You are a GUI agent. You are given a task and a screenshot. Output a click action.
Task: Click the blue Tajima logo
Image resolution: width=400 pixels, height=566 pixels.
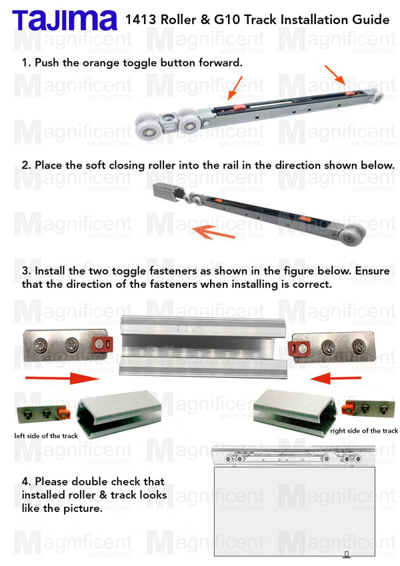(65, 20)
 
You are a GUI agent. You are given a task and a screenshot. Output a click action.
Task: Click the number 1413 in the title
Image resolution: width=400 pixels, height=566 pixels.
(141, 19)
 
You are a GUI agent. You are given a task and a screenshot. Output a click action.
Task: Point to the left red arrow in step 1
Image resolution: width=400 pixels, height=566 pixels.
(235, 88)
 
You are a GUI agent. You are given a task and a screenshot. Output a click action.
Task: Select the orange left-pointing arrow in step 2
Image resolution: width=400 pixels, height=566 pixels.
(213, 232)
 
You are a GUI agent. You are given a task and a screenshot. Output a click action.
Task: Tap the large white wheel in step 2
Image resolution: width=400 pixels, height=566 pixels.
(351, 235)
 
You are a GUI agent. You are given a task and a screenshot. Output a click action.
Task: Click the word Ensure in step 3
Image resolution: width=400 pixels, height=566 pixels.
(372, 271)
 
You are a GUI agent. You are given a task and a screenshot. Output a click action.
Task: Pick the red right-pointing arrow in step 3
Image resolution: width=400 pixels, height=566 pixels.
(62, 378)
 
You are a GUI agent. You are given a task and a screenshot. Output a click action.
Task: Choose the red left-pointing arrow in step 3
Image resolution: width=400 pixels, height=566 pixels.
(335, 378)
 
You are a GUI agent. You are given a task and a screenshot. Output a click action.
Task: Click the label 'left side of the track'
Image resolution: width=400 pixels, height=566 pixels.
(46, 436)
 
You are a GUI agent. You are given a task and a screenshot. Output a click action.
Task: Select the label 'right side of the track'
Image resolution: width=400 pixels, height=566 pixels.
(364, 431)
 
